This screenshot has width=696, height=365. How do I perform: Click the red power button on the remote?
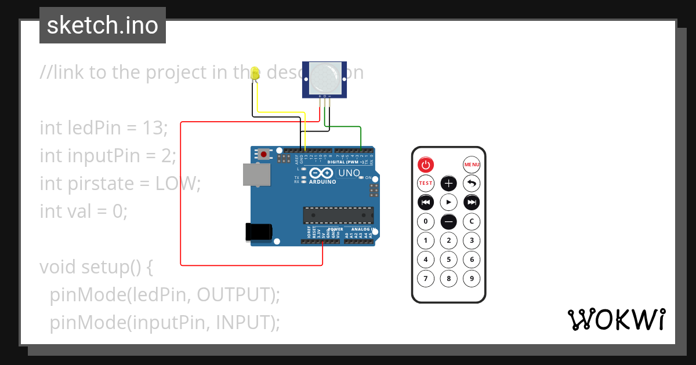tap(426, 165)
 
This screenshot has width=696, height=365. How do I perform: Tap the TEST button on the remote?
tap(426, 184)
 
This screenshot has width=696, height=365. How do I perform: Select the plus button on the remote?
tap(449, 184)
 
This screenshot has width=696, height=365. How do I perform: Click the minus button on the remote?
tap(449, 221)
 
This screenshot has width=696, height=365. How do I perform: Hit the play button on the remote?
tap(449, 202)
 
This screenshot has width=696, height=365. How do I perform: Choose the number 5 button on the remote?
tap(449, 260)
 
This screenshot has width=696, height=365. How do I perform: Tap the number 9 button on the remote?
tap(472, 279)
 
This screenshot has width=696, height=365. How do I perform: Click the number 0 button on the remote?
tap(426, 221)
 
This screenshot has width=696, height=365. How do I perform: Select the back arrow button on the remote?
tap(472, 184)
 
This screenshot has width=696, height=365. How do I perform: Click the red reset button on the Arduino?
tap(264, 154)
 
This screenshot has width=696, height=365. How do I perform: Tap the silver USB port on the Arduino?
tap(256, 174)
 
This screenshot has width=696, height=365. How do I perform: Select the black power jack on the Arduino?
tap(258, 231)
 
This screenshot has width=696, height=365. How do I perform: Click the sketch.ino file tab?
tap(103, 25)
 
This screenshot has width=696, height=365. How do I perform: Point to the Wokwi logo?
tap(616, 319)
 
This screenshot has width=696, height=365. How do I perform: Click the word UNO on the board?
tap(349, 173)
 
